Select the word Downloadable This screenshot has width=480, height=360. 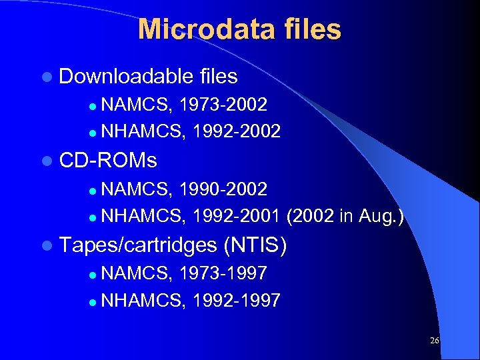click(x=126, y=77)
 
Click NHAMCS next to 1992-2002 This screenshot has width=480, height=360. click(x=141, y=131)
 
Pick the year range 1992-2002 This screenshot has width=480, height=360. click(x=235, y=131)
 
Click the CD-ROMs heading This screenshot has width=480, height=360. click(x=108, y=161)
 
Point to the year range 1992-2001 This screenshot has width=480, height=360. click(x=235, y=215)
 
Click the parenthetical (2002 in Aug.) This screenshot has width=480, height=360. click(x=345, y=215)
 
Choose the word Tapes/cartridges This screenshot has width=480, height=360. click(x=138, y=245)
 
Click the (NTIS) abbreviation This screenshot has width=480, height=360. click(x=256, y=245)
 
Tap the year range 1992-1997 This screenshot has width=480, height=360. click(x=235, y=300)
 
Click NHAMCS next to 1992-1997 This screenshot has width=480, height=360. click(x=141, y=300)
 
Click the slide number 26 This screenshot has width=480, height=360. click(x=434, y=340)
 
